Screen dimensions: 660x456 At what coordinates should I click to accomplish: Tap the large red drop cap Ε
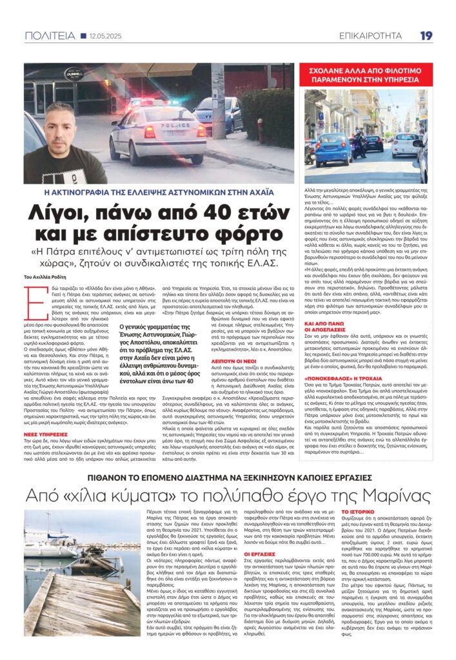[31, 302]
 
